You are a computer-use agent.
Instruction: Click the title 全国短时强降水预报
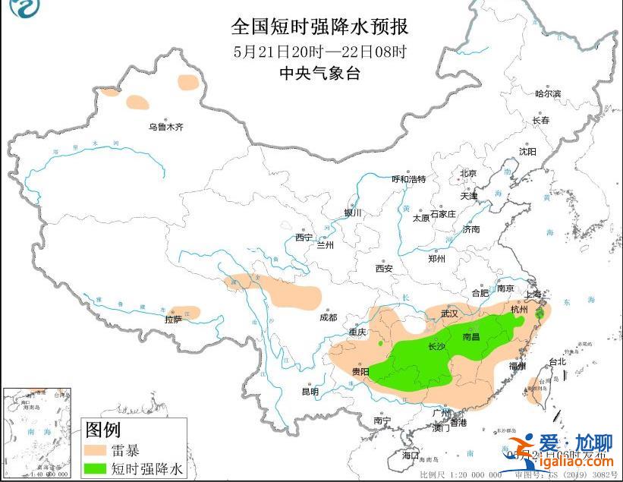pyautogui.click(x=319, y=27)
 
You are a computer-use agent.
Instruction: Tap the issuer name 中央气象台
pyautogui.click(x=319, y=74)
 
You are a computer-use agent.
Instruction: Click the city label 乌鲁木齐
pyautogui.click(x=165, y=127)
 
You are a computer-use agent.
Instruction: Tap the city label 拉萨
pyautogui.click(x=174, y=320)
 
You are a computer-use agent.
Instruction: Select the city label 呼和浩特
pyautogui.click(x=408, y=179)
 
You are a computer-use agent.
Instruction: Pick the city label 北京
pyautogui.click(x=468, y=173)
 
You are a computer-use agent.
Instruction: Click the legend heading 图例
pyautogui.click(x=103, y=430)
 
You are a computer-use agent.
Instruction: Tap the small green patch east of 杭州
pyautogui.click(x=540, y=313)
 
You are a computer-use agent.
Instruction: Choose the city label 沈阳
pyautogui.click(x=527, y=151)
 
